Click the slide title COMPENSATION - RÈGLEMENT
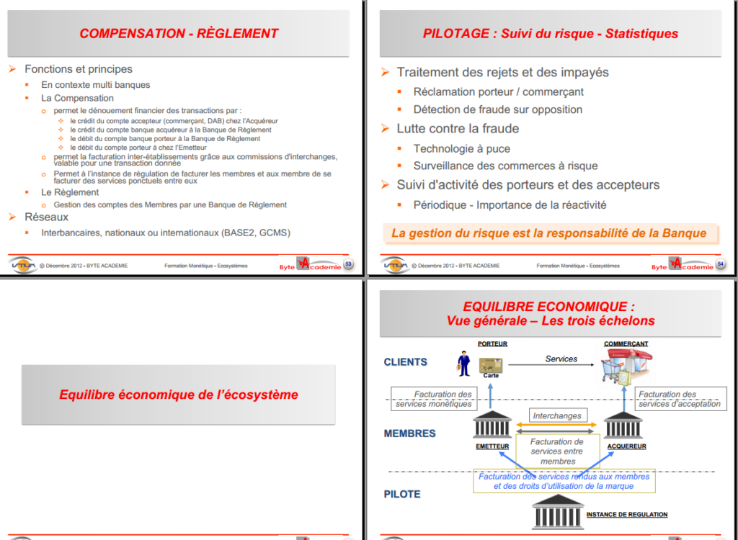tap(179, 33)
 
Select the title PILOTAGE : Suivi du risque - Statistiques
tap(551, 33)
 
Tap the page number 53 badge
tap(349, 264)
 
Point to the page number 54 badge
tap(720, 264)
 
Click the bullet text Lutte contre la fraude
tap(458, 128)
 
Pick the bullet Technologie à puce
tap(461, 148)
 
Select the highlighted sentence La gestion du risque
tap(548, 233)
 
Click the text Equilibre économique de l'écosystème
tap(179, 395)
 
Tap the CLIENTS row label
tap(405, 362)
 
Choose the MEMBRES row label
tap(409, 433)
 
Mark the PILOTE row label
tap(402, 494)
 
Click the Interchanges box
tap(556, 415)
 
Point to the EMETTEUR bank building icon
tap(492, 426)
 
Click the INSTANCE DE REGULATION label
tap(626, 515)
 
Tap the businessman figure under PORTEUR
tap(463, 363)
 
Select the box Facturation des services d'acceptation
tap(680, 399)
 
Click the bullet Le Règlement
tap(70, 192)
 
